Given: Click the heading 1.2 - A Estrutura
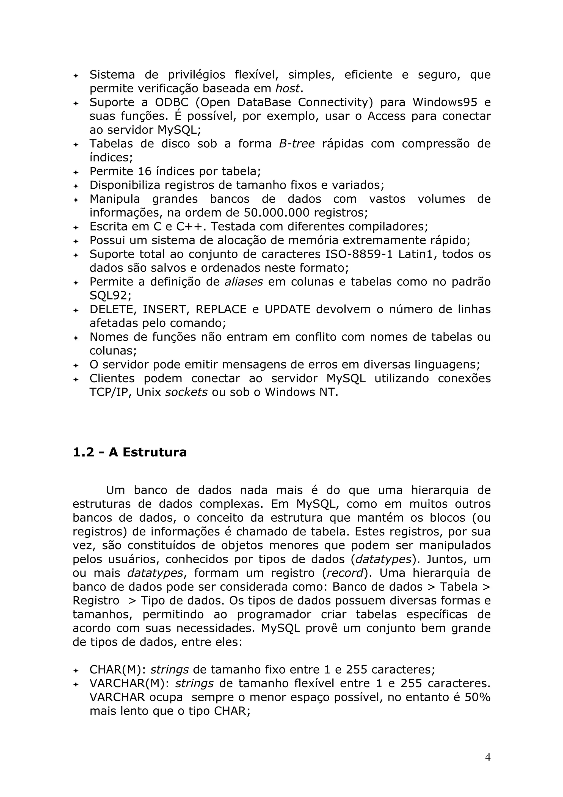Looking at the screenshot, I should click(130, 452).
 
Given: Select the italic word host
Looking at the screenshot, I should click(287, 89).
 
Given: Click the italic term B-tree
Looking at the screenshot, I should click(297, 144).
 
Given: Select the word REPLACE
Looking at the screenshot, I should click(221, 309).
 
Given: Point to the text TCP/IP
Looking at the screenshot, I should click(110, 392).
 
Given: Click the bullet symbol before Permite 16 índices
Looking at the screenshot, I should click(76, 172).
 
